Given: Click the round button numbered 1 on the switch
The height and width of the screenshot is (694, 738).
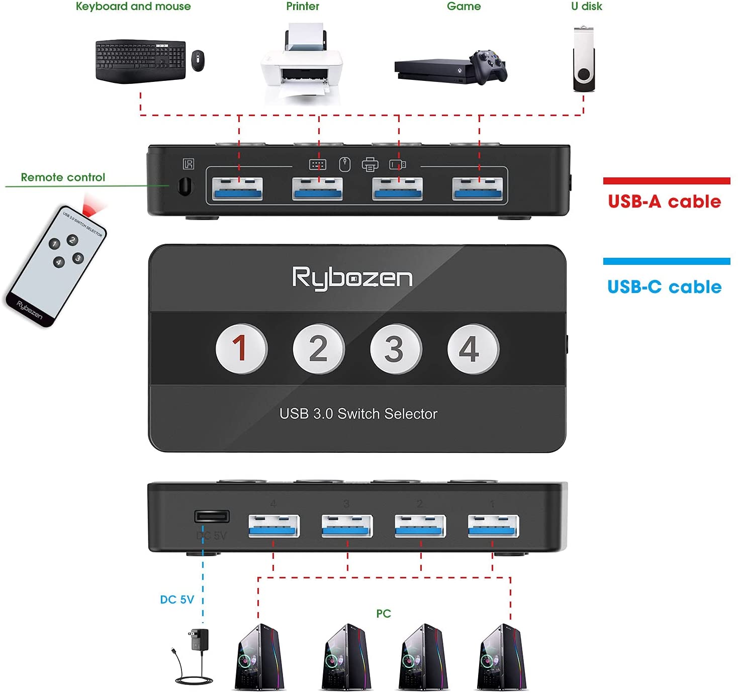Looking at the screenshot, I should pyautogui.click(x=241, y=349).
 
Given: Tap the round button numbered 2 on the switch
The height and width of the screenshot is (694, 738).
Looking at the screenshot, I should pyautogui.click(x=319, y=349).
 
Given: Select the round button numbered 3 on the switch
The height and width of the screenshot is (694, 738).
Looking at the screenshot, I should pyautogui.click(x=396, y=349).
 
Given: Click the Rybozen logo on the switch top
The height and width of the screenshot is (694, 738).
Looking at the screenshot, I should pyautogui.click(x=352, y=277).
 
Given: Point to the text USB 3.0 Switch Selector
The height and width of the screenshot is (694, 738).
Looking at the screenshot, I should pyautogui.click(x=358, y=414).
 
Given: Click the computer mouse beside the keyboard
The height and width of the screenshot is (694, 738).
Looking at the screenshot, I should pyautogui.click(x=198, y=60).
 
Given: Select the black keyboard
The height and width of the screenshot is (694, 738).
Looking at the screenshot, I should pyautogui.click(x=140, y=61).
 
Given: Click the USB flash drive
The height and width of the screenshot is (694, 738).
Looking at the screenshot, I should pyautogui.click(x=584, y=60).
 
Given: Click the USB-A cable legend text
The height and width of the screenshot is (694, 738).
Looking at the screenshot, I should pyautogui.click(x=665, y=202).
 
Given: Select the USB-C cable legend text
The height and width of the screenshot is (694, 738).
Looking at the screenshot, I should pyautogui.click(x=665, y=287).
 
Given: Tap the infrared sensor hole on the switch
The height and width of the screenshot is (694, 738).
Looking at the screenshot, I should pyautogui.click(x=185, y=186).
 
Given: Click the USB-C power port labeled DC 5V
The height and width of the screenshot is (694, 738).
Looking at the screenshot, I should pyautogui.click(x=212, y=516).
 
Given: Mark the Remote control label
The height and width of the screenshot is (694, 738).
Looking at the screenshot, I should pyautogui.click(x=63, y=177).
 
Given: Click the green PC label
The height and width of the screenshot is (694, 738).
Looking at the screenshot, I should pyautogui.click(x=384, y=614).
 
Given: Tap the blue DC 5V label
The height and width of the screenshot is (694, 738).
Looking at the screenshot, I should pyautogui.click(x=177, y=600).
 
